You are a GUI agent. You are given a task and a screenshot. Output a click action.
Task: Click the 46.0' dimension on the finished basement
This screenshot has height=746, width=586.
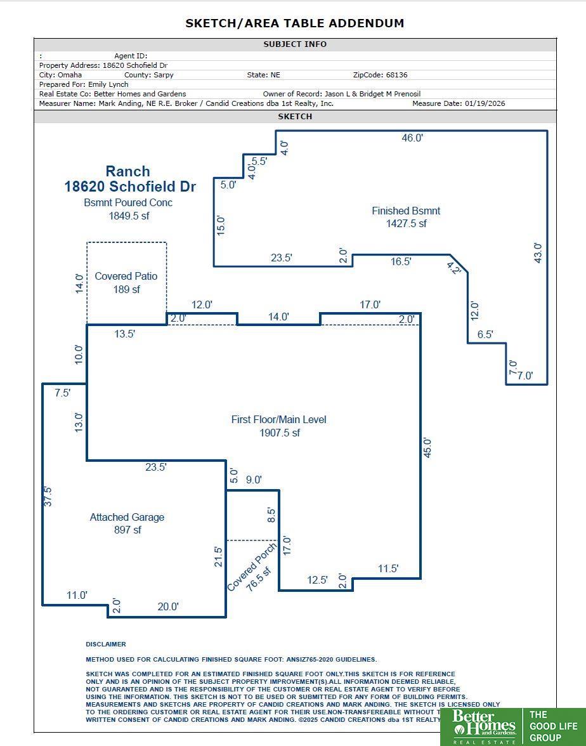click(412, 138)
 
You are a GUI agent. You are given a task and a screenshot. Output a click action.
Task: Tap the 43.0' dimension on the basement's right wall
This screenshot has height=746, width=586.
click(538, 253)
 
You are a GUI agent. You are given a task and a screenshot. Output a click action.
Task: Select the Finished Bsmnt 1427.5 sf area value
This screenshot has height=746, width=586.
click(406, 223)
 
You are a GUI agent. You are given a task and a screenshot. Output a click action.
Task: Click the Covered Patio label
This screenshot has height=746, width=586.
click(126, 276)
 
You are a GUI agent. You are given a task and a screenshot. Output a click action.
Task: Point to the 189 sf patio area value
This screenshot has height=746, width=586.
click(127, 289)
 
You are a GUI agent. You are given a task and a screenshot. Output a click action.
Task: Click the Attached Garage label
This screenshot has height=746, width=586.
click(127, 517)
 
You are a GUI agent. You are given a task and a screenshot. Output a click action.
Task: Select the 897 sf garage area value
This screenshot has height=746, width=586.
click(127, 530)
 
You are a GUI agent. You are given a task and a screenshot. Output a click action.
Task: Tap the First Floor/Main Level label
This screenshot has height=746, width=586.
click(278, 419)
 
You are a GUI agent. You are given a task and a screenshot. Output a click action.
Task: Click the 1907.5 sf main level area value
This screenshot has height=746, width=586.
click(279, 433)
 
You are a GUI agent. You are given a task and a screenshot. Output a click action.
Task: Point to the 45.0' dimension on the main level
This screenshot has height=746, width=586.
click(427, 448)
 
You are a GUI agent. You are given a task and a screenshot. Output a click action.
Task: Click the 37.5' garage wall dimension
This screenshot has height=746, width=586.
click(48, 496)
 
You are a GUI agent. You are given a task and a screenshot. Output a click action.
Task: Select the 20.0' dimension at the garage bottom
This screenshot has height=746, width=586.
click(168, 606)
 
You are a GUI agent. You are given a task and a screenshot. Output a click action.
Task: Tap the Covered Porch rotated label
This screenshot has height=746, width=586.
click(252, 566)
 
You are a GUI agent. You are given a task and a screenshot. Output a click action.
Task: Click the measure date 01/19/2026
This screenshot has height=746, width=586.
click(485, 103)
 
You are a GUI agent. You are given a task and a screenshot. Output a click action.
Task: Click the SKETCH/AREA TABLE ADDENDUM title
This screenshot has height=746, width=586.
click(294, 23)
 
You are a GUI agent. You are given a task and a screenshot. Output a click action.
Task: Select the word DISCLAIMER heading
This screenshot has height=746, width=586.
click(106, 644)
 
